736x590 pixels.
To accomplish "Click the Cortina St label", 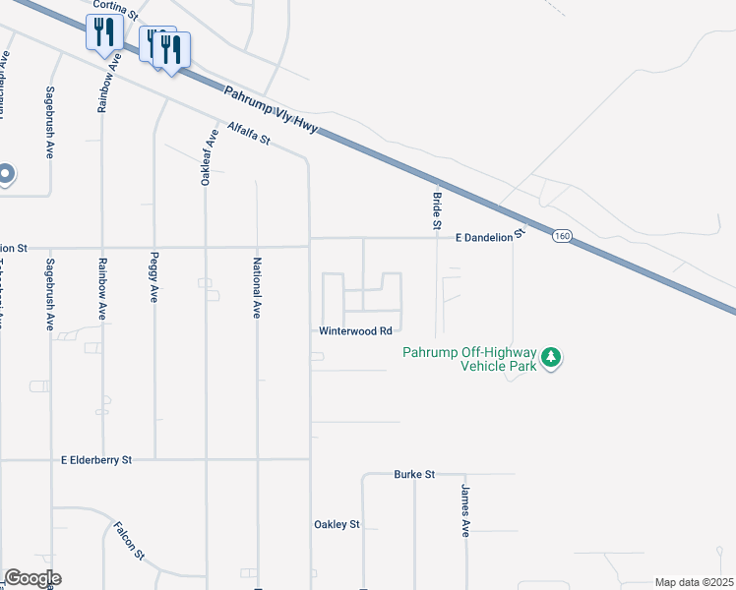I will (x=114, y=6).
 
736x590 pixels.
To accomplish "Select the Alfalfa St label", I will (x=248, y=134).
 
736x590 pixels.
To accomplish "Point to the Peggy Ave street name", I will (x=154, y=282).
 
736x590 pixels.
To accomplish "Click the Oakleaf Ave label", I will (x=206, y=157).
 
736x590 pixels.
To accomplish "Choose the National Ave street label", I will (x=256, y=289).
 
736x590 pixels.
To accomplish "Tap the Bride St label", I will (x=436, y=211).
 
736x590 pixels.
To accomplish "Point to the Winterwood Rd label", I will (x=355, y=331).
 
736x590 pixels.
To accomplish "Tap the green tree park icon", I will (x=553, y=356).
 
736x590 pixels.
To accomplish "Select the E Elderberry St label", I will (x=95, y=459).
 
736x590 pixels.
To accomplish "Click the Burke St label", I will (x=414, y=474).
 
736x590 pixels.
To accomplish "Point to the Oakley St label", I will (x=337, y=525).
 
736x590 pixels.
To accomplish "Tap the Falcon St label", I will (x=129, y=541).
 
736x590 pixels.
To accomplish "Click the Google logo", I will (x=32, y=578).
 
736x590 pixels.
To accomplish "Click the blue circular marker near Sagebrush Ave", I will (x=4, y=174).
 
